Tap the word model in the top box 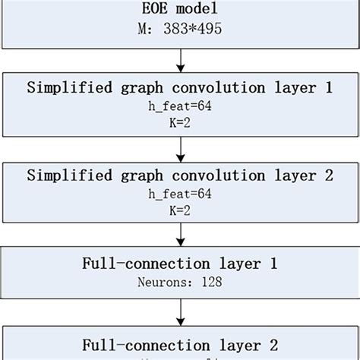[195, 11]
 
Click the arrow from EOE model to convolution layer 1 [180, 59]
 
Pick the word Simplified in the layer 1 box [66, 88]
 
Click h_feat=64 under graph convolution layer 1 [180, 106]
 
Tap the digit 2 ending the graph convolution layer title [328, 176]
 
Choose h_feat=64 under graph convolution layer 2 [180, 194]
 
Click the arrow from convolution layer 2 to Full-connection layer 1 [180, 236]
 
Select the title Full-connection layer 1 [180, 265]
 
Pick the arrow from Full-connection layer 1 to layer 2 [180, 311]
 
